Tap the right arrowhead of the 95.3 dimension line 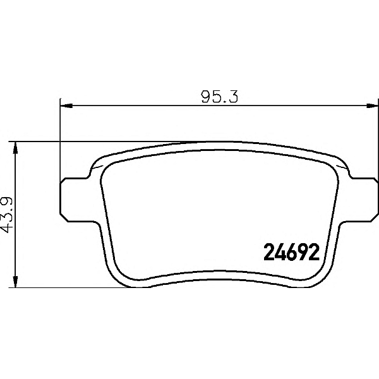tap(373, 105)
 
